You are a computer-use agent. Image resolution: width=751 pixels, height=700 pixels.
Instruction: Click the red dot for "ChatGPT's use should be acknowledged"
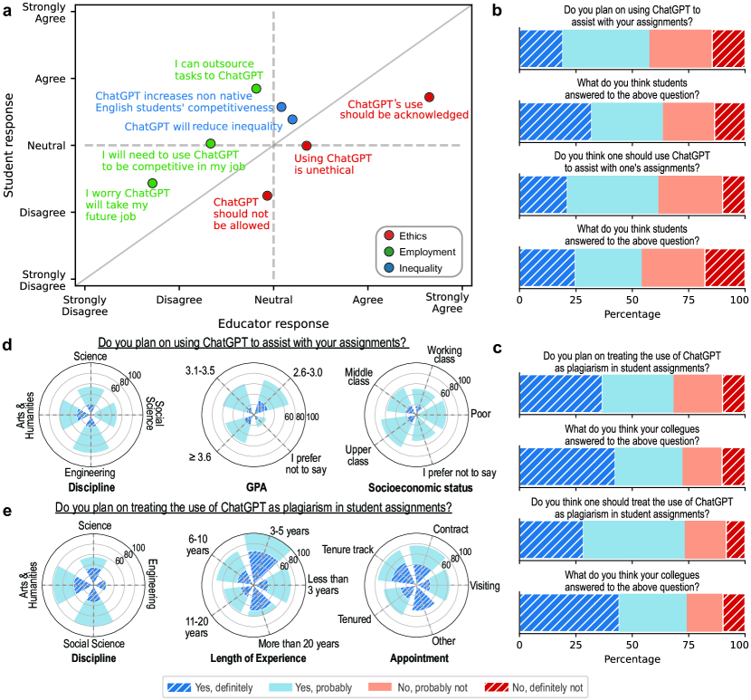coord(429,97)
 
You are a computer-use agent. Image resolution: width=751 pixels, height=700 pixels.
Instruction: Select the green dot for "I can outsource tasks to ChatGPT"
coord(256,88)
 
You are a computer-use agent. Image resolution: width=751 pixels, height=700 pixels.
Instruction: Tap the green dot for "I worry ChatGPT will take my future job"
coord(152,183)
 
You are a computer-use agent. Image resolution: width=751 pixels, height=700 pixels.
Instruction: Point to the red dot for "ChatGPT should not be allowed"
coord(267,195)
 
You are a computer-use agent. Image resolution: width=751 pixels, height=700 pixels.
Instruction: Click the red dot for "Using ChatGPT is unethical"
coord(307,145)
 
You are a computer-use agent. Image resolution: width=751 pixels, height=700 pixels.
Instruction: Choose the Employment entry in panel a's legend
coord(424,252)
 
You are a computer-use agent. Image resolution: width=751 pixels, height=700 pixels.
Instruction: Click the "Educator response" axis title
coord(273,323)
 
